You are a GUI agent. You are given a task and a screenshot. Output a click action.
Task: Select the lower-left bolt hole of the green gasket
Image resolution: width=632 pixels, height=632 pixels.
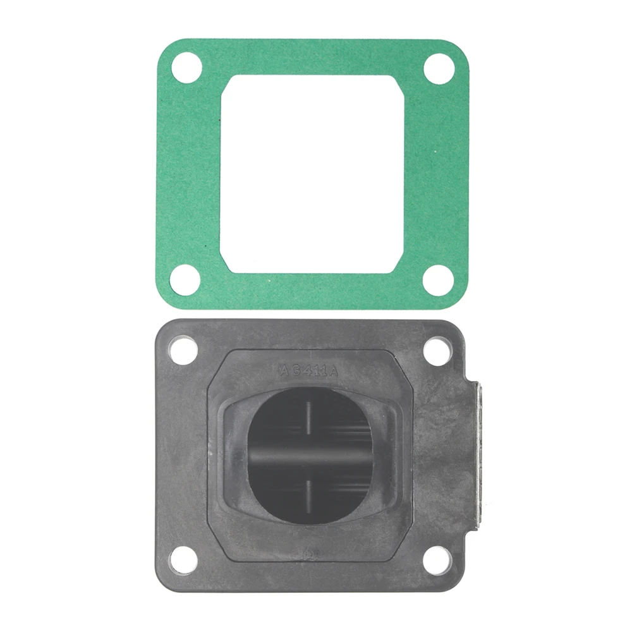[x=186, y=279]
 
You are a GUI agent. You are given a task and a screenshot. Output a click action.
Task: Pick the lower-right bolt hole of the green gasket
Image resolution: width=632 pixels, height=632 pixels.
[x=438, y=279]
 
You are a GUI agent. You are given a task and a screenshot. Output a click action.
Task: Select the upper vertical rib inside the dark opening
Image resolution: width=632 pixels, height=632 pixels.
[x=309, y=417]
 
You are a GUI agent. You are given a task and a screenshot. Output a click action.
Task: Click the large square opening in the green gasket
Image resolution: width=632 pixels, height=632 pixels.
[x=312, y=174]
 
